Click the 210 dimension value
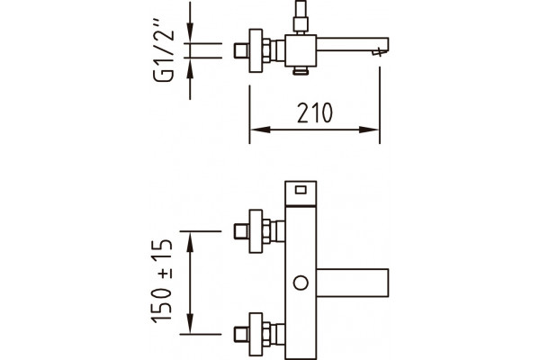coord(315,112)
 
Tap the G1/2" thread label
coord(164,50)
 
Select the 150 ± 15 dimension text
coord(161,281)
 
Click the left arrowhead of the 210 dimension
coord(260,130)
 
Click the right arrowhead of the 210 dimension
coord(369,130)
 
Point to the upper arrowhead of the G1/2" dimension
coord(190,33)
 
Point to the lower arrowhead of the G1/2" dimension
coord(190,68)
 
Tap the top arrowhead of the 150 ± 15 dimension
coord(190,241)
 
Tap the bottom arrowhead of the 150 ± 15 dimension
coord(190,323)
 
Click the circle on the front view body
coord(301,283)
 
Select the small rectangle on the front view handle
coord(301,190)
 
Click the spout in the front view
coord(353,283)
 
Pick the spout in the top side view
coord(353,45)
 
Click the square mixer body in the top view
coord(301,50)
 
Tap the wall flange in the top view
coord(256,50)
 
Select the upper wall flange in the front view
coord(256,231)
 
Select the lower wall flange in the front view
coord(256,334)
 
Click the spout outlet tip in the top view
coord(379,52)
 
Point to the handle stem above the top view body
coord(301,17)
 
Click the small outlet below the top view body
coord(301,70)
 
